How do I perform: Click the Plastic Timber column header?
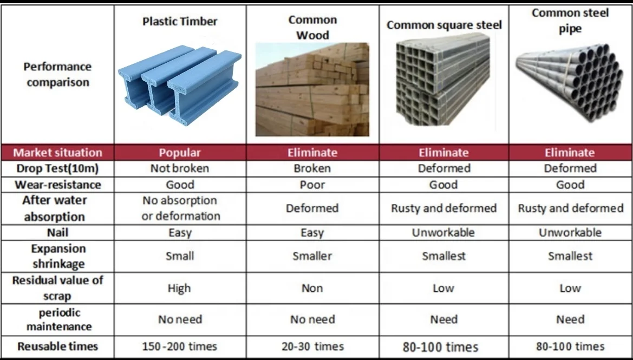pos(180,22)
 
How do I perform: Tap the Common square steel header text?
pos(444,25)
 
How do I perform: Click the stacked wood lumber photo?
pos(312,89)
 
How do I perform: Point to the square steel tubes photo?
pos(443,81)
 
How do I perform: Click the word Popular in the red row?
pos(180,153)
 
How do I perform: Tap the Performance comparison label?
pos(57,75)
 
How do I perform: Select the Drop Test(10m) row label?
pos(57,168)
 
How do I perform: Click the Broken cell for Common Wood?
pos(312,168)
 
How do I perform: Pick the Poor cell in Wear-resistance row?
pos(312,185)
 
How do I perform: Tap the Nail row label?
pos(57,233)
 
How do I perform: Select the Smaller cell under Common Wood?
pos(312,256)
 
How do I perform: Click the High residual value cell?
pos(179,289)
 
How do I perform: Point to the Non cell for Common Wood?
pos(312,289)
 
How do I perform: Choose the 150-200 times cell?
pos(179,346)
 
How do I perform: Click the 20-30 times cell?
pos(312,346)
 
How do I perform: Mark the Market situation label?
pos(57,153)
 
